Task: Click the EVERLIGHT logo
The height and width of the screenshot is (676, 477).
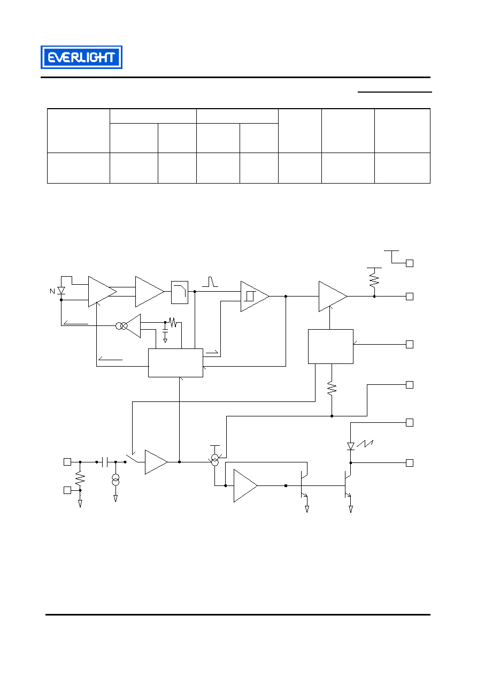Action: tap(81, 57)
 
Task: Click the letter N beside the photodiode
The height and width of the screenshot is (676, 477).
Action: tap(52, 291)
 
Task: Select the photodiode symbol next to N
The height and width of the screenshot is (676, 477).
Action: tap(61, 291)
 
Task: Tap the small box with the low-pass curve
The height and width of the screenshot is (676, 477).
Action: tap(180, 292)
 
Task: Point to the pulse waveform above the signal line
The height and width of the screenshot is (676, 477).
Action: tap(210, 282)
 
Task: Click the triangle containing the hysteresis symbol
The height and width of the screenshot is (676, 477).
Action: tap(255, 297)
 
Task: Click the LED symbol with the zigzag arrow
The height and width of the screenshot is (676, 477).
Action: tap(351, 446)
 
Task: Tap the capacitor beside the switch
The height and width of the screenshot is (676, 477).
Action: tap(105, 462)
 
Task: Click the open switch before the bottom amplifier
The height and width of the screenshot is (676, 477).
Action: tap(132, 458)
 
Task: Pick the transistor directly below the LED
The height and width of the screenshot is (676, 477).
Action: tap(348, 485)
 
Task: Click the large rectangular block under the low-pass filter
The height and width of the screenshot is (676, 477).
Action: tap(175, 363)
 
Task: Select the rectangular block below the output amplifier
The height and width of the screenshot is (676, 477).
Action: tap(330, 346)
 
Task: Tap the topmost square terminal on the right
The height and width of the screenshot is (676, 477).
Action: tap(410, 263)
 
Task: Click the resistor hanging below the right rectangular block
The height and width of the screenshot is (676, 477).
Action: tap(332, 389)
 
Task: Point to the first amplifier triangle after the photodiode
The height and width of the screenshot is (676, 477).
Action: tap(102, 292)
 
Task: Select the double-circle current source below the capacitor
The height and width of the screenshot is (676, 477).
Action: tap(116, 480)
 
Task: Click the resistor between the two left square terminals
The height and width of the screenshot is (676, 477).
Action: tap(80, 478)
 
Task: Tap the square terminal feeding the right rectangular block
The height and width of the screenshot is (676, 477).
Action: tap(410, 344)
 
